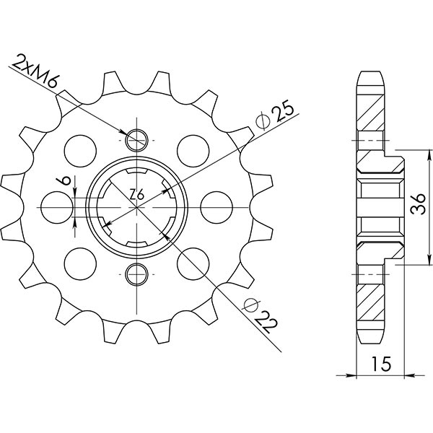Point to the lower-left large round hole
click(x=79, y=263)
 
